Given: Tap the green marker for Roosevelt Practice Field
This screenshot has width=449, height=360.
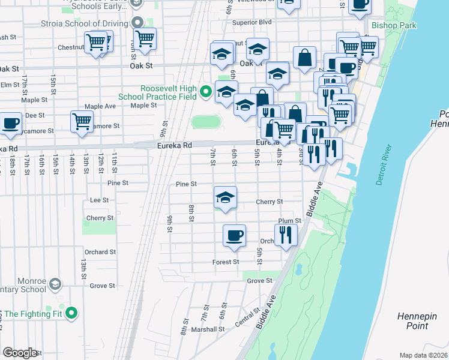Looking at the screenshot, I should tap(206, 92).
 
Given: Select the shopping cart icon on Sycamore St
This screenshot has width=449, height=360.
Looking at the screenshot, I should tap(81, 121).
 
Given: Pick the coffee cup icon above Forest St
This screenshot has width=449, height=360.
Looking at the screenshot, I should tap(234, 235).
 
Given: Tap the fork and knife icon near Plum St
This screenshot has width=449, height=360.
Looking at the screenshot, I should tap(285, 235).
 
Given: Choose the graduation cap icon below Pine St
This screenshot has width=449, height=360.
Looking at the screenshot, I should tap(225, 197).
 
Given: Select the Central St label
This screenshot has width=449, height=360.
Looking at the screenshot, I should tap(247, 316).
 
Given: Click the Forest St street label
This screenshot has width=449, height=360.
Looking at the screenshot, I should tap(226, 262).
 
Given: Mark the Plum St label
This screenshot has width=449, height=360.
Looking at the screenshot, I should tap(289, 221).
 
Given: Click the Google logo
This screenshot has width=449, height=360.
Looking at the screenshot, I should tap(20, 352).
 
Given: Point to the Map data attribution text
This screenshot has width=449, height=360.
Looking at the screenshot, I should tap(424, 355).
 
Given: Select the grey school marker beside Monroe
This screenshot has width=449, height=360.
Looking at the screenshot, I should tap(55, 283).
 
